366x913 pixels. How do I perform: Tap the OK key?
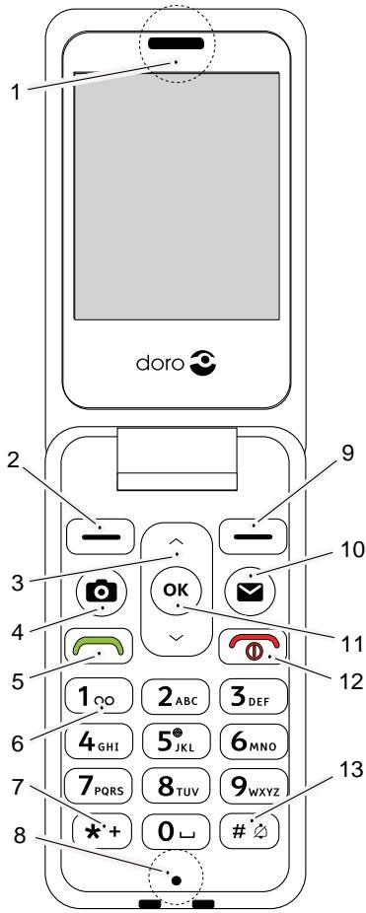pos(176,592)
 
